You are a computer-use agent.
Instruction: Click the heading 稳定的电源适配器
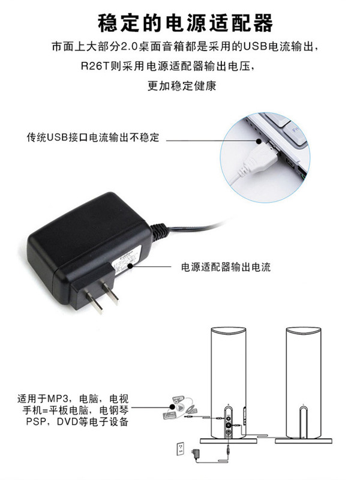tap(185, 23)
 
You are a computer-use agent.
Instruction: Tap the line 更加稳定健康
tap(182, 85)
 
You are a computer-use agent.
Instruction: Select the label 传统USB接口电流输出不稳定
tap(93, 137)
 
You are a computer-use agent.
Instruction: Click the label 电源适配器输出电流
tap(226, 267)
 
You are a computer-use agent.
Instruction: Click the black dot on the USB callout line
tap(259, 142)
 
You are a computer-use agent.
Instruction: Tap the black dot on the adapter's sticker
tap(130, 266)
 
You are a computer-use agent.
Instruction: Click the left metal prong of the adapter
tap(94, 302)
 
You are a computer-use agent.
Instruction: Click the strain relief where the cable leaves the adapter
tap(160, 231)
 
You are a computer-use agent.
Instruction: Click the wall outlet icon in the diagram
tap(181, 448)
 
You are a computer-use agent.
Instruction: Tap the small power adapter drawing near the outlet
tap(194, 453)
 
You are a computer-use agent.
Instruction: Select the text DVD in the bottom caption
tap(67, 422)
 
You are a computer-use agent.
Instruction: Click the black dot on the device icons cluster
tap(173, 407)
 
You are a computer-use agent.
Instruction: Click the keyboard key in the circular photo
tap(294, 134)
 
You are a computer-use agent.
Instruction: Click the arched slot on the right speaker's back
tap(303, 422)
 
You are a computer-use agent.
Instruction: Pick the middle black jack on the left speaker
tap(229, 425)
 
